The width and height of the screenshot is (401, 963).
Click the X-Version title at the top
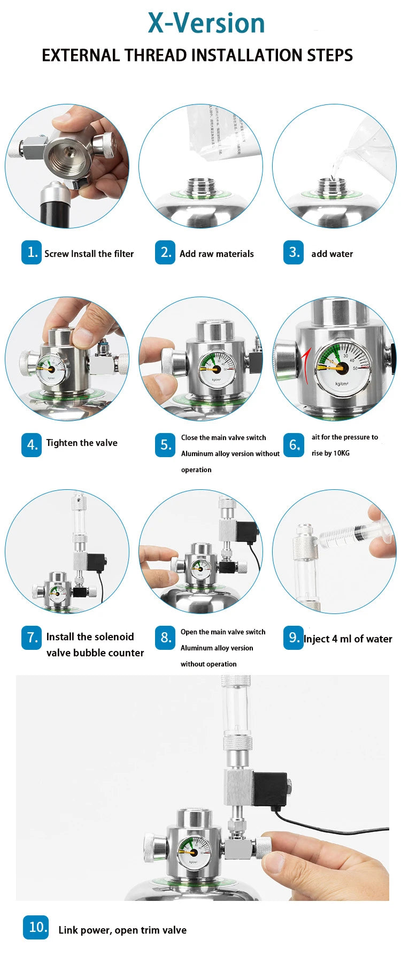coord(206,23)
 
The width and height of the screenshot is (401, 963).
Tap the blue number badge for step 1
coord(32,252)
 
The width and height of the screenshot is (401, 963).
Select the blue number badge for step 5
coord(165,444)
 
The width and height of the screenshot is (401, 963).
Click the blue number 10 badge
coord(36,927)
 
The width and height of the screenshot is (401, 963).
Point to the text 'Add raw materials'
coord(217,254)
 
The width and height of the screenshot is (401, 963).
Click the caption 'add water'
coord(332,254)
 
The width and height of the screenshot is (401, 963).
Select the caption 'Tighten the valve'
coord(82,443)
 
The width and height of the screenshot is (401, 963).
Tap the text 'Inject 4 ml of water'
coord(348,639)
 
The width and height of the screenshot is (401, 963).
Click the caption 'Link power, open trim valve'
coord(122,930)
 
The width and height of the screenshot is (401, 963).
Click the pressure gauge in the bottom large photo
coord(194,850)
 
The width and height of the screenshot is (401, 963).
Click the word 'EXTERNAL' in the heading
coord(81,55)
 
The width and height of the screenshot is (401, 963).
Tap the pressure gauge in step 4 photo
coord(51,371)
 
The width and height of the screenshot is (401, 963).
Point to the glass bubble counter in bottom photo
coord(236,712)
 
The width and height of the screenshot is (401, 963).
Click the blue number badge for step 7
coord(32,638)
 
